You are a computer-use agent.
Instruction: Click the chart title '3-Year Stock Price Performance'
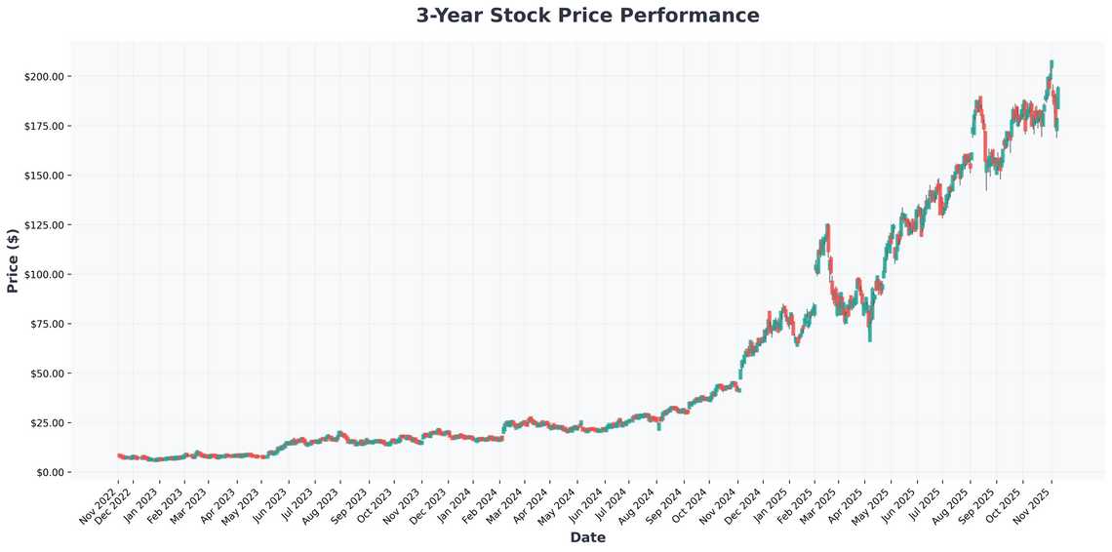tap(587, 16)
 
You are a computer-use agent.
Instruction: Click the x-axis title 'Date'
tap(587, 537)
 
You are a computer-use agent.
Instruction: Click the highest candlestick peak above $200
tap(1051, 61)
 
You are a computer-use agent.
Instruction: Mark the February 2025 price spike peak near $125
tap(827, 225)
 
